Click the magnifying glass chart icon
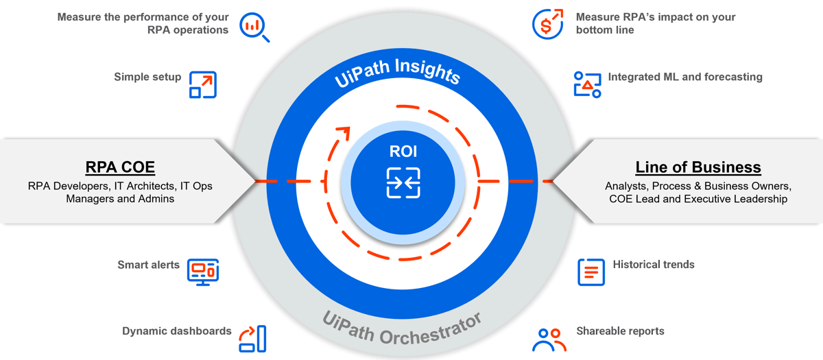[254, 27]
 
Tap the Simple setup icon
[202, 85]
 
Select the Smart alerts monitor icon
[203, 271]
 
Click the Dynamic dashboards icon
[252, 338]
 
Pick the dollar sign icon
[548, 24]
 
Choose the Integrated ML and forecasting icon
[587, 84]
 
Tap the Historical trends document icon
[591, 272]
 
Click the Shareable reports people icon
[549, 339]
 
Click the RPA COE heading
[120, 167]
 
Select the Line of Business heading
[698, 167]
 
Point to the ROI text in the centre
[403, 152]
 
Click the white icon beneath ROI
[403, 182]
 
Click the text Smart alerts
[148, 265]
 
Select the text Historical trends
[654, 265]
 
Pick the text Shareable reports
[620, 331]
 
